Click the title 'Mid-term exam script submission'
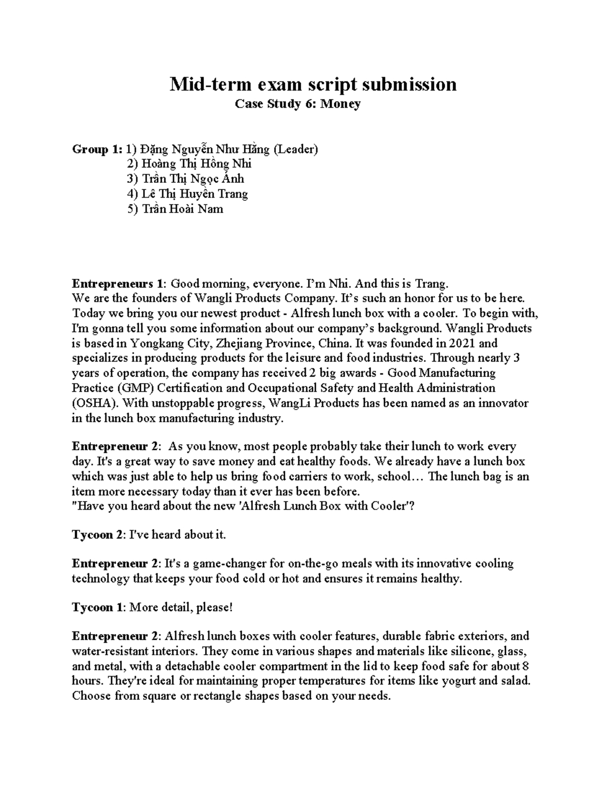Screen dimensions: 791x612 313,84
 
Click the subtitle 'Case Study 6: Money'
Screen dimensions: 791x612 297,104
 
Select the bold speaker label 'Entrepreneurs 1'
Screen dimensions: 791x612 119,283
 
